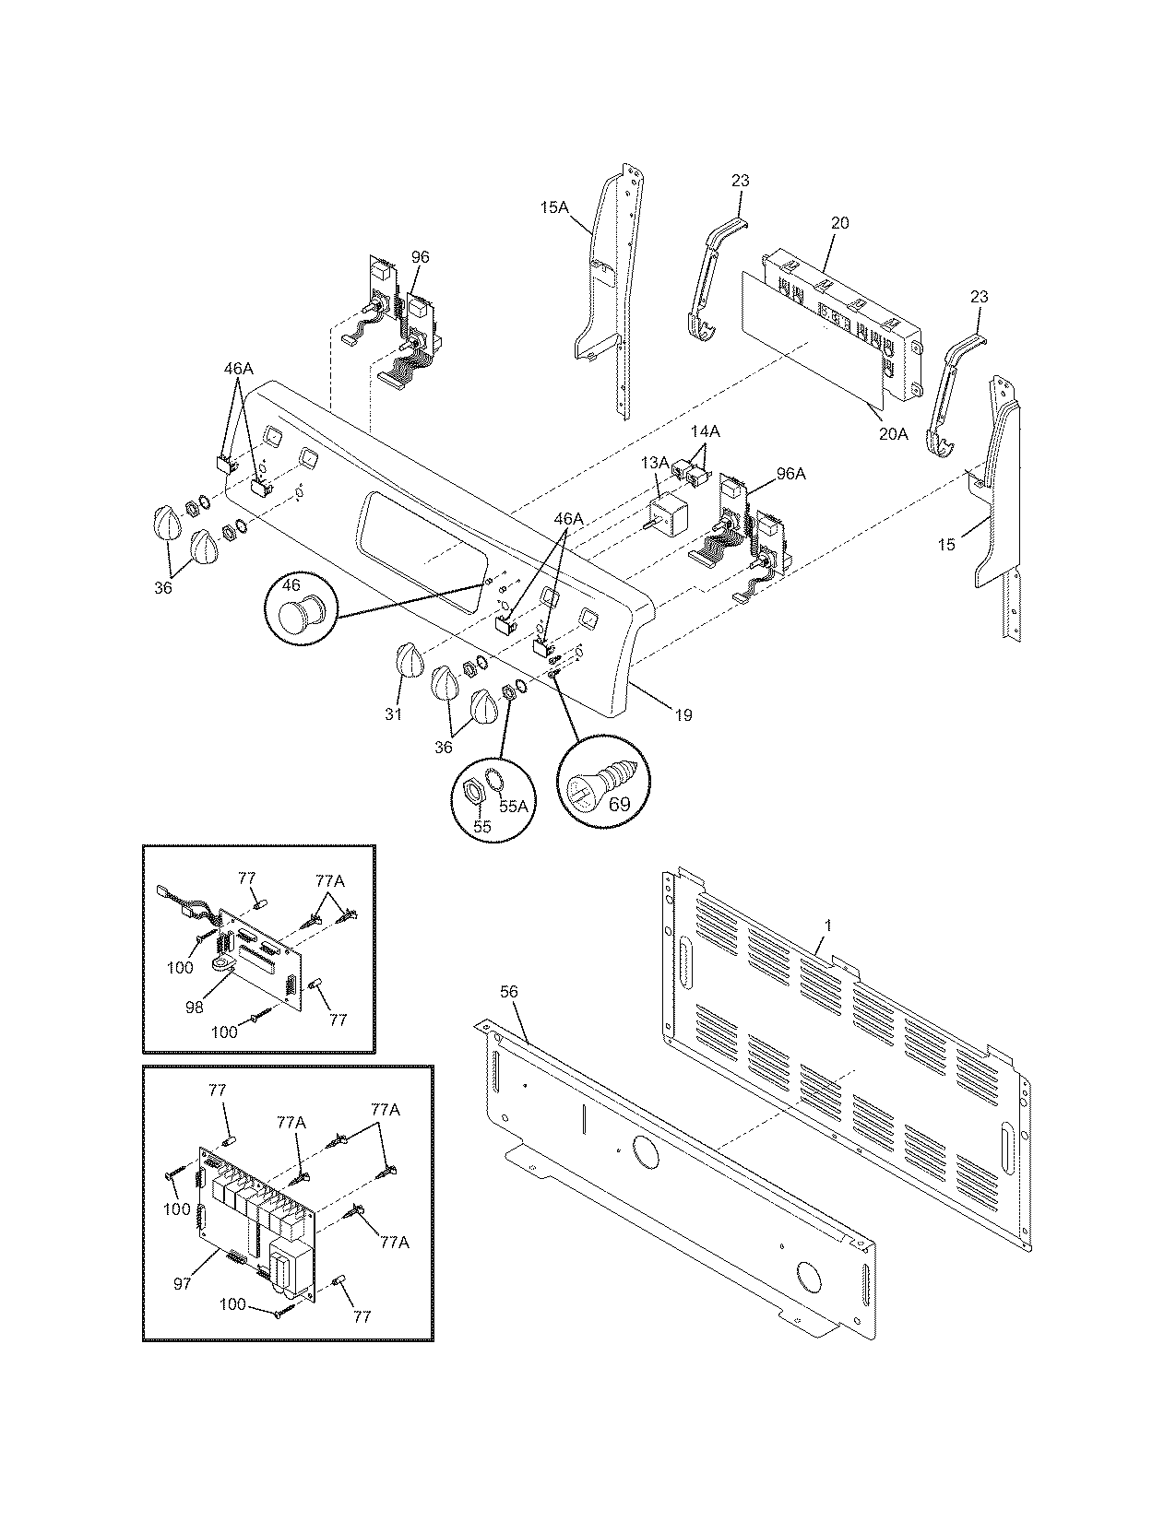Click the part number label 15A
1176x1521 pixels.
553,208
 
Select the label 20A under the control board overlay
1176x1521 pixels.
893,433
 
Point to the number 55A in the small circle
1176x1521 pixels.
513,804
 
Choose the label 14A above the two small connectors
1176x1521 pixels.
706,430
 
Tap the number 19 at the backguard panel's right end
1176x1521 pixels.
683,714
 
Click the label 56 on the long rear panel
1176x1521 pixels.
509,991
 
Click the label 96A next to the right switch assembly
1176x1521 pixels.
790,474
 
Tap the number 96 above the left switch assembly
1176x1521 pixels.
420,257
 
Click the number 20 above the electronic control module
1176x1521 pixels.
839,222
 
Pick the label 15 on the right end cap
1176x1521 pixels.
946,545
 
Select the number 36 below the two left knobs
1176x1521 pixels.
162,587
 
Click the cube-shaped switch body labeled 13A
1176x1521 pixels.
664,513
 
